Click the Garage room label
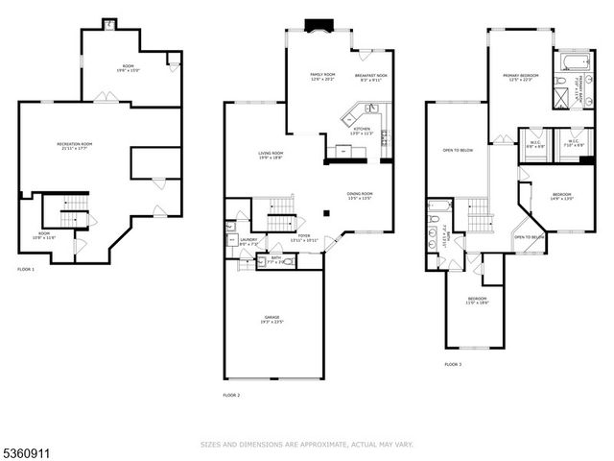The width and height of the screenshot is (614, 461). click(272, 321)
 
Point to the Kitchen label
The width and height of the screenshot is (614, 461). click(362, 131)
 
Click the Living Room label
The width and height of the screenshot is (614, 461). click(270, 156)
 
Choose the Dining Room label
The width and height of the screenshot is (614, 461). click(360, 196)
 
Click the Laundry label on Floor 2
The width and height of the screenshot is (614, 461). click(249, 243)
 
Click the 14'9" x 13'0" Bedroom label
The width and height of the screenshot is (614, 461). click(561, 198)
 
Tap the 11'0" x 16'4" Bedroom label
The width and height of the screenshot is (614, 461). click(478, 301)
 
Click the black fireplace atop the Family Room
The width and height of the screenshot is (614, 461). click(316, 26)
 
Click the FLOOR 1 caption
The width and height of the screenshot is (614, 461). click(26, 270)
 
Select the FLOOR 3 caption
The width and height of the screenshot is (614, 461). click(452, 365)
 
